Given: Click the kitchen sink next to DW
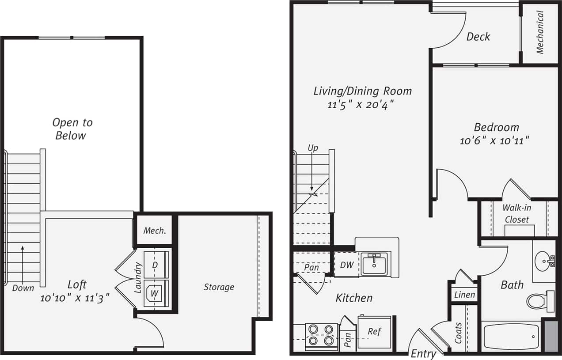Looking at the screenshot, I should click(373, 265).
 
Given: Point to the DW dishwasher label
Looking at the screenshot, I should click(346, 265).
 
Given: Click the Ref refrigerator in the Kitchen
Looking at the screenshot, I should click(374, 332).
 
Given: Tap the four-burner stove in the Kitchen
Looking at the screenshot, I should click(321, 335).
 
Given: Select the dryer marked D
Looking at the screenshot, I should click(155, 265).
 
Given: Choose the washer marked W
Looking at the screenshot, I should click(155, 293).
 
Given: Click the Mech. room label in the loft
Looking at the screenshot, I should click(155, 231).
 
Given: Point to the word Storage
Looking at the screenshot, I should click(219, 287).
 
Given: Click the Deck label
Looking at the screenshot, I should click(478, 37).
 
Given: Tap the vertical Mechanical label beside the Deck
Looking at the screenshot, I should click(540, 32).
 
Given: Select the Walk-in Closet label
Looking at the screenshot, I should click(516, 213).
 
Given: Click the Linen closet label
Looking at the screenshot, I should click(464, 295).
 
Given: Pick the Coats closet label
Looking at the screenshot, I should click(458, 333).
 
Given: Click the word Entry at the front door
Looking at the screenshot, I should click(423, 354).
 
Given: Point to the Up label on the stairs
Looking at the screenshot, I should click(313, 148).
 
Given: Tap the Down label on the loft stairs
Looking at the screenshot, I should click(23, 288).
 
